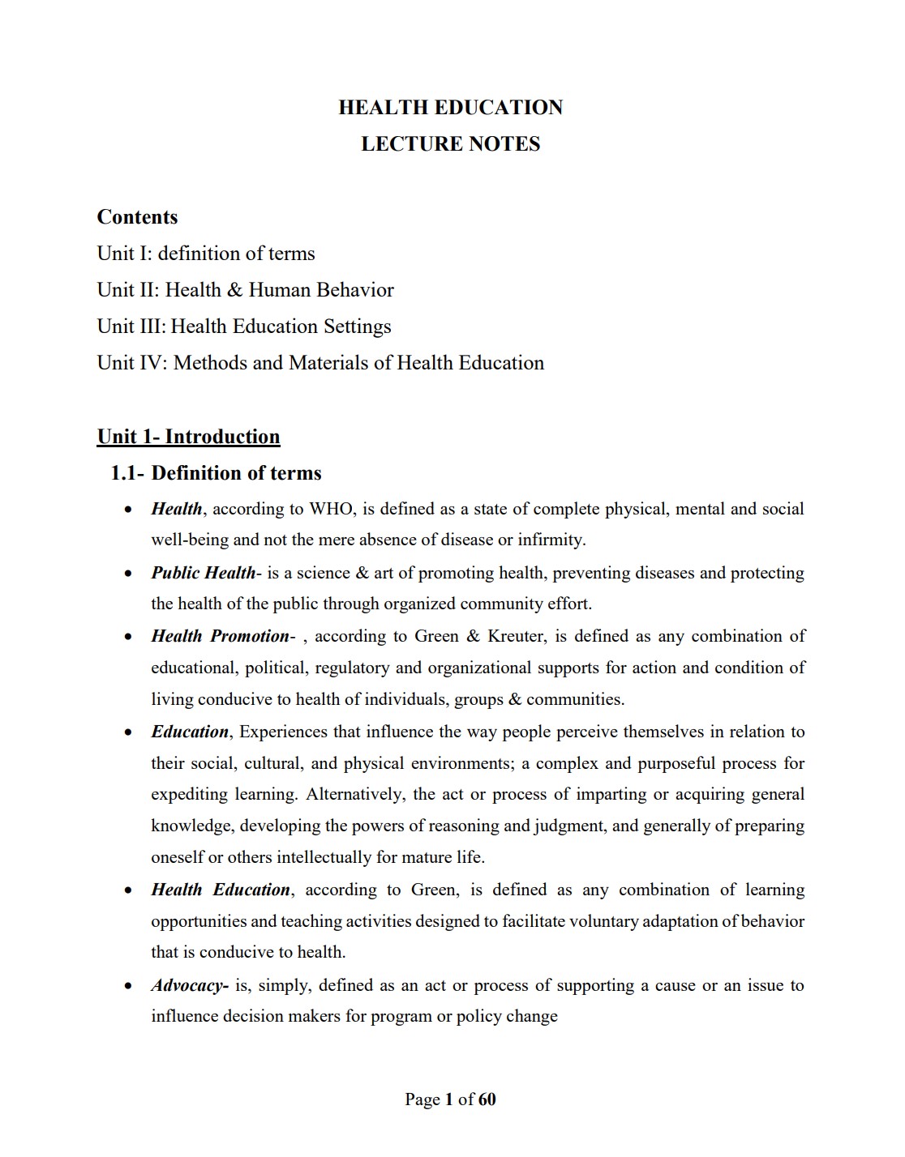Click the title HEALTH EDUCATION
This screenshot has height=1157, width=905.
[450, 108]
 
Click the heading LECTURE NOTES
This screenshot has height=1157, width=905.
[450, 144]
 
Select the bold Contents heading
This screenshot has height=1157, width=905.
[137, 217]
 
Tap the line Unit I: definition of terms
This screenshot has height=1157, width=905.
[206, 254]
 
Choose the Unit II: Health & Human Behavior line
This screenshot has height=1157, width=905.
[245, 290]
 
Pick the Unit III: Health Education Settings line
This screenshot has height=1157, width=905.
[244, 327]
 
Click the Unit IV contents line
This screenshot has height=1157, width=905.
[320, 363]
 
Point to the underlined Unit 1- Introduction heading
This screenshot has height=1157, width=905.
[188, 437]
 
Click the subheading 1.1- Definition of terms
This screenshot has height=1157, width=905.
[216, 473]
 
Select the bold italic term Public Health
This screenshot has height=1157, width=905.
[204, 573]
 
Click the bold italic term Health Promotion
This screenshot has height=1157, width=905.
[220, 636]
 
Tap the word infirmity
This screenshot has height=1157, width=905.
[551, 540]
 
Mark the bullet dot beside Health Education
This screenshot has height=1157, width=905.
[128, 890]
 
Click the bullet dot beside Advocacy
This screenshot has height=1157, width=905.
[128, 987]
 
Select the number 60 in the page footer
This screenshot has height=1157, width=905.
[487, 1099]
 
